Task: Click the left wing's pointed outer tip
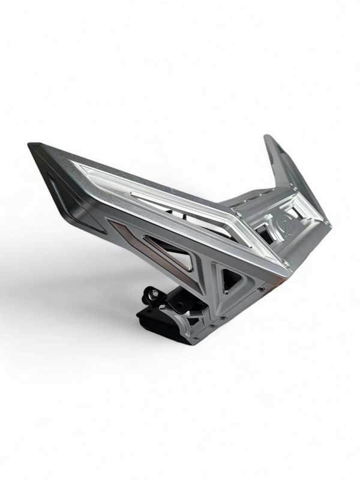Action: click(31, 145)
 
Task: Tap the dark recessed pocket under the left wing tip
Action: click(72, 204)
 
